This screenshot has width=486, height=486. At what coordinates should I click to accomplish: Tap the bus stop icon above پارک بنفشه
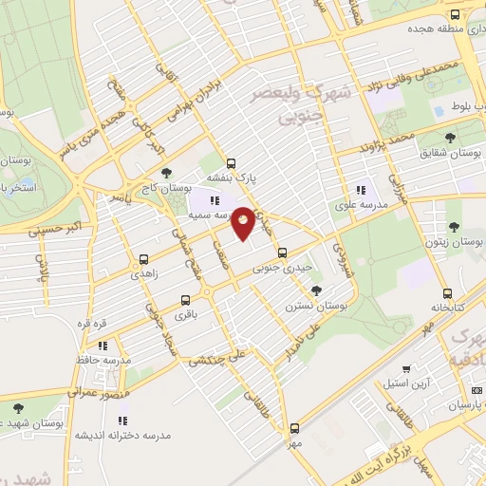(x=231, y=161)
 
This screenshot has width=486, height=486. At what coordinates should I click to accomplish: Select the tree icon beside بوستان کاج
(x=167, y=173)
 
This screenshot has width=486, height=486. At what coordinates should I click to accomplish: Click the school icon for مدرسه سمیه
(x=214, y=200)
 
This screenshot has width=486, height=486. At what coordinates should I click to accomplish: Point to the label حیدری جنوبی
(x=282, y=269)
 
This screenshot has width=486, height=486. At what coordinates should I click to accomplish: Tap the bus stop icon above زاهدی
(x=144, y=258)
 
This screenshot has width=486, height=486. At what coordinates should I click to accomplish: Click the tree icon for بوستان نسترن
(x=316, y=290)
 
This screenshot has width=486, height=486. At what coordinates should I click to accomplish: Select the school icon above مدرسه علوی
(x=359, y=188)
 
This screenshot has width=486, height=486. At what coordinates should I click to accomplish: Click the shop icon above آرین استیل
(x=406, y=369)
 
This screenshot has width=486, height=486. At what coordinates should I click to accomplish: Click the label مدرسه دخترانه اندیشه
(x=125, y=435)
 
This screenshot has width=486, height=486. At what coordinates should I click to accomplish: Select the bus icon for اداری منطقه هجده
(x=455, y=15)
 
